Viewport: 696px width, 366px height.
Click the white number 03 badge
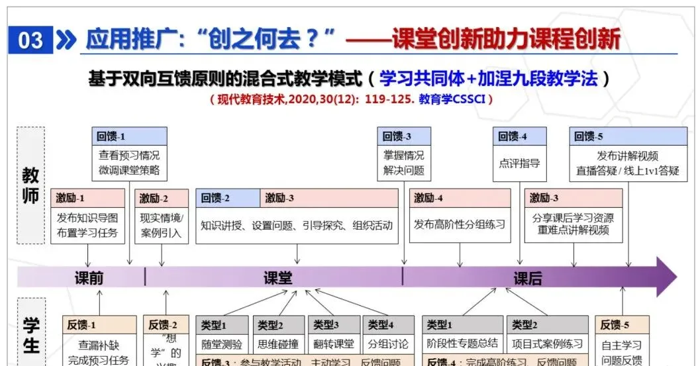coord(30,41)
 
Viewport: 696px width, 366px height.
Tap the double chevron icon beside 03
coord(66,41)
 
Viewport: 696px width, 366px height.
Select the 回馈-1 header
coord(129,136)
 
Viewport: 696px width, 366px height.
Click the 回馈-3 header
coord(404,136)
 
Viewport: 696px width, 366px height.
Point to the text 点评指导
coord(519,163)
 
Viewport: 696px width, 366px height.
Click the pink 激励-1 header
coord(87,198)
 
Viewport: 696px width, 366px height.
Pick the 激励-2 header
coord(162,198)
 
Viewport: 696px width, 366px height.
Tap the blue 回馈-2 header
coord(228,198)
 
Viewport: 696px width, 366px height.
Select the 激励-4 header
coord(460,198)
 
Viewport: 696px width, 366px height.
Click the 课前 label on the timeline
coord(89,278)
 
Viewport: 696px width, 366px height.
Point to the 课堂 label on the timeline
coord(277,278)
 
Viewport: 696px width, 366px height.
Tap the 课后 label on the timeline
coord(527,278)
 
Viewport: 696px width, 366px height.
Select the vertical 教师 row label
coord(30,186)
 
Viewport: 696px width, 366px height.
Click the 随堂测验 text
coord(222,344)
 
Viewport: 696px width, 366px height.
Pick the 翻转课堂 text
coord(333,344)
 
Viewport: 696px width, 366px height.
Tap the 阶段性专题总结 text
coord(463,343)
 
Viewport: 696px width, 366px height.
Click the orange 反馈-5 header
coord(622,324)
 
